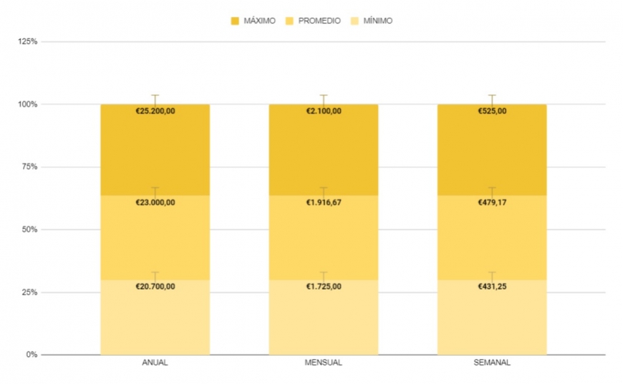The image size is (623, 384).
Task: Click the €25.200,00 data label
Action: [x=154, y=111]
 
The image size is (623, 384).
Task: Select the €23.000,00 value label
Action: [x=154, y=203]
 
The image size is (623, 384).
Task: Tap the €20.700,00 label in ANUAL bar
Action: [x=154, y=286]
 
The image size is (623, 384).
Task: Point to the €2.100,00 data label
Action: [x=323, y=111]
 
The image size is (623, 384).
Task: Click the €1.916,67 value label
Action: [x=323, y=203]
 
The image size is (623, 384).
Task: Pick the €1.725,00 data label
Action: [x=323, y=286]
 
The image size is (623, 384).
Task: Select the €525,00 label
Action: [x=492, y=111]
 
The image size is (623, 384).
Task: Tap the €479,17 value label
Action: [x=492, y=203]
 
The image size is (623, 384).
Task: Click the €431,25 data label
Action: [x=492, y=286]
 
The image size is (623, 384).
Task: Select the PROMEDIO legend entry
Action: [x=313, y=21]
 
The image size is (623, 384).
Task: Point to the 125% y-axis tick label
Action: [x=28, y=41]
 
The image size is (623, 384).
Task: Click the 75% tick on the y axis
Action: [x=29, y=167]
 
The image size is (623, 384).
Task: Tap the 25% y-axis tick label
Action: [x=29, y=293]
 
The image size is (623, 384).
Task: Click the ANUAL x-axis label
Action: [x=154, y=362]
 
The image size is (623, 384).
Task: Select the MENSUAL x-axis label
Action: [x=323, y=362]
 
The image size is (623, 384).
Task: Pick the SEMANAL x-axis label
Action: [x=492, y=362]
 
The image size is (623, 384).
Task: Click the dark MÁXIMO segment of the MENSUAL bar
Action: [x=323, y=154]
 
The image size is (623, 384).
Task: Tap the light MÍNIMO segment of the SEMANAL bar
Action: [x=492, y=323]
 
